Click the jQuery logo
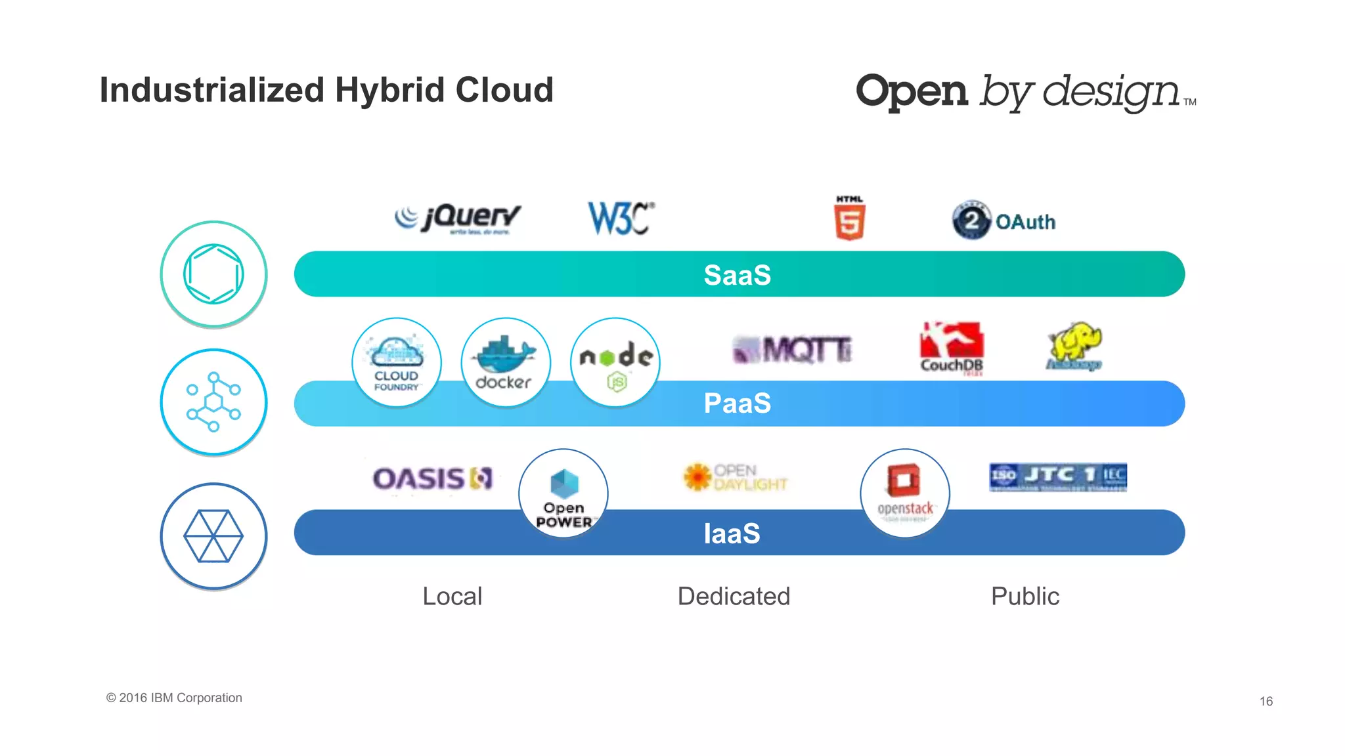[x=458, y=219]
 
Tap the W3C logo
[x=620, y=218]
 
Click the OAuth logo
[x=1003, y=220]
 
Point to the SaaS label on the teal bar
[x=737, y=275]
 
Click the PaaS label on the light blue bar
[x=737, y=403]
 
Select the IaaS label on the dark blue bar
[x=732, y=533]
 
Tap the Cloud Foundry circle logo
[x=397, y=363]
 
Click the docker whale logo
[x=505, y=363]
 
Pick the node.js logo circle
[x=615, y=363]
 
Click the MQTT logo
[x=792, y=349]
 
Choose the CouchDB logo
[x=952, y=348]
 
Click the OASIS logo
[x=432, y=478]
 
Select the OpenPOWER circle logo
[x=563, y=493]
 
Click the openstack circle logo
[x=905, y=493]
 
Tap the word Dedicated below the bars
[x=734, y=596]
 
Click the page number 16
[x=1266, y=701]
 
